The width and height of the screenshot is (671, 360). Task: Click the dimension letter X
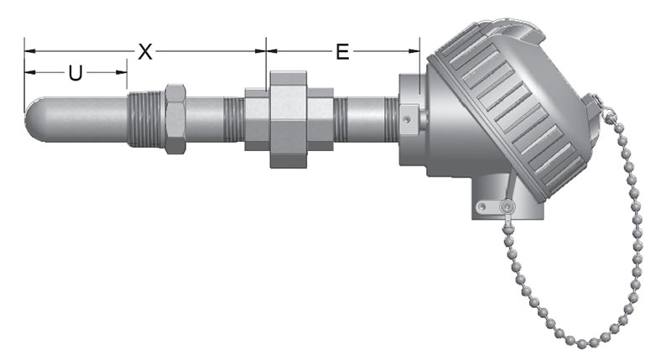coord(145,52)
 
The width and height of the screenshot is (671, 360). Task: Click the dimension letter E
coord(342,52)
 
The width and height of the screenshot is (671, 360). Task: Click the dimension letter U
coord(75,73)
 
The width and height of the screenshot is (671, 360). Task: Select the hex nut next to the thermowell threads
coord(175,118)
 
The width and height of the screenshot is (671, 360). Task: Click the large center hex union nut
coord(289,119)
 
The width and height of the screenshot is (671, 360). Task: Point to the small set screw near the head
coord(407,118)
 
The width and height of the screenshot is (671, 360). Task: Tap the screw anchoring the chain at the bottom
coord(507,207)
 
